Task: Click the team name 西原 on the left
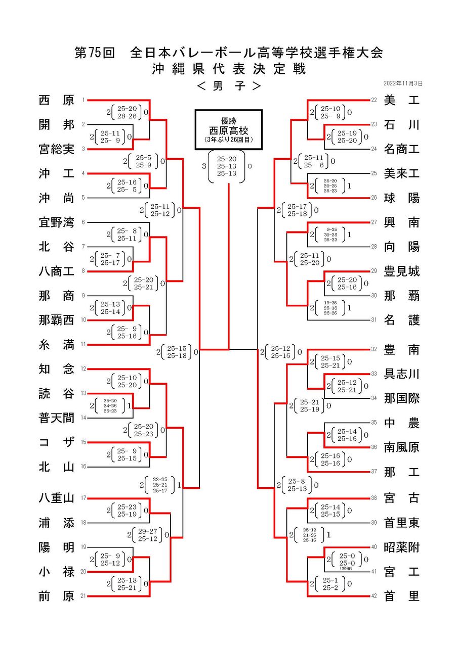click(x=56, y=100)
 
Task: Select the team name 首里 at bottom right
click(x=402, y=596)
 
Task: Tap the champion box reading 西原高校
click(x=229, y=129)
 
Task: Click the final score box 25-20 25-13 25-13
click(x=227, y=166)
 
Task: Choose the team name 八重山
click(x=56, y=498)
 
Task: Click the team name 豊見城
click(x=402, y=271)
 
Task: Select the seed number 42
click(x=374, y=596)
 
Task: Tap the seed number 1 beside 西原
click(x=83, y=100)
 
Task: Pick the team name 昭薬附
click(x=402, y=547)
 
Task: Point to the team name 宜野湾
click(x=56, y=222)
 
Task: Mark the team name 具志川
click(x=402, y=374)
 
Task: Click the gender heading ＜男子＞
click(x=229, y=86)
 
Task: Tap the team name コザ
click(x=56, y=442)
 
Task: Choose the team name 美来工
click(x=402, y=173)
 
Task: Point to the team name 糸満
click(x=56, y=345)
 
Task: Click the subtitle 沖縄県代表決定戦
click(x=229, y=69)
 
